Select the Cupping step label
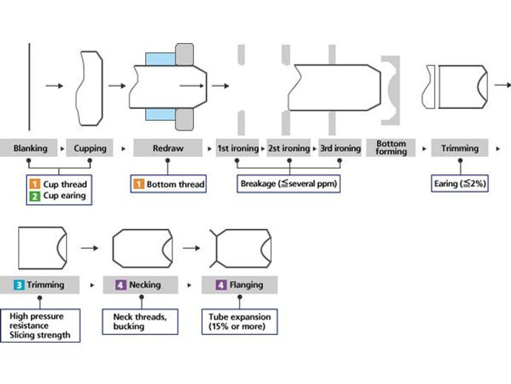coord(90,148)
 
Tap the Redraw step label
coord(168,148)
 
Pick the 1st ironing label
coord(238,148)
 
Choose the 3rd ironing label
coord(340,148)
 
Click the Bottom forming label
coord(391,148)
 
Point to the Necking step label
coord(141,285)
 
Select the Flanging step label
coord(239,285)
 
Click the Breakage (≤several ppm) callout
coord(288,184)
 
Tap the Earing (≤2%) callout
coord(459,184)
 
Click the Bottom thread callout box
coord(168,184)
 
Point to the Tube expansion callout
coord(239,322)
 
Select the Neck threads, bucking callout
coord(140,322)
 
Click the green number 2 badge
coord(35,196)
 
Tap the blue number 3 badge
coord(19,285)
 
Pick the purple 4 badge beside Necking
coord(121,285)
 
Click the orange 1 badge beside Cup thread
coord(35,184)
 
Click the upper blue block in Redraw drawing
coord(161,59)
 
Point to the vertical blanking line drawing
coord(30,87)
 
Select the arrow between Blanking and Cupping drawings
coord(54,86)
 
